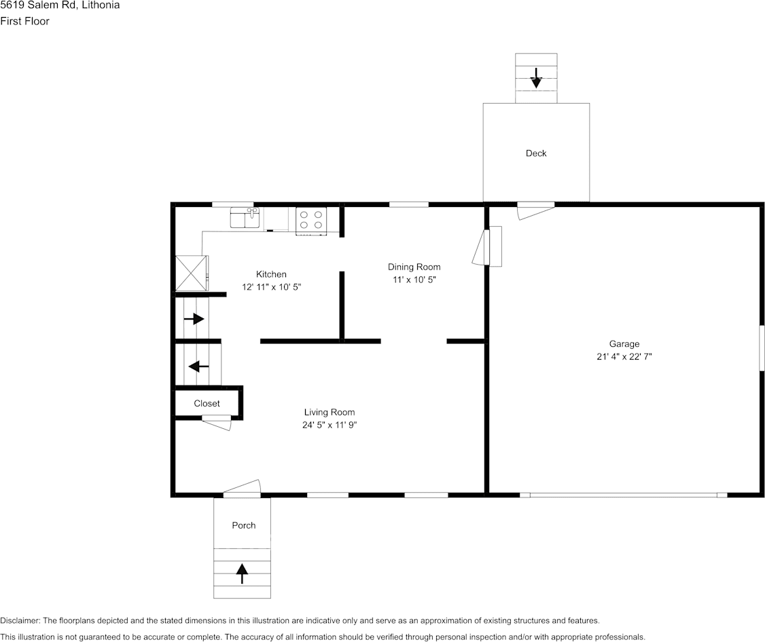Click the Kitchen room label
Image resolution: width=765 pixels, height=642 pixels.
[271, 274]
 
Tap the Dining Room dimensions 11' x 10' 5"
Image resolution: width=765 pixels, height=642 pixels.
[414, 280]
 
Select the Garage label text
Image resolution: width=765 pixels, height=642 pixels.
[624, 344]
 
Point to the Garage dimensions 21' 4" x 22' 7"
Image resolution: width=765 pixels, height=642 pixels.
[624, 356]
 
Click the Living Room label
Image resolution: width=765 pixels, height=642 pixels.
[329, 412]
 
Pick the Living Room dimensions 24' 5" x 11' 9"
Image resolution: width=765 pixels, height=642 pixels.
[329, 425]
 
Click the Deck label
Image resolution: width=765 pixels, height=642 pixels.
[536, 153]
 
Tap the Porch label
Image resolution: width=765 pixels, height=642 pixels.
[243, 525]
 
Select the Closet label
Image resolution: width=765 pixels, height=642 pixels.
[207, 403]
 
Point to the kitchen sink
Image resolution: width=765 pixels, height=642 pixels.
[245, 218]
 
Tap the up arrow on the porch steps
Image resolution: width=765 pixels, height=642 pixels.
[242, 574]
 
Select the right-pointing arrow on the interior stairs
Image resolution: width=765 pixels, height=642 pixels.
[194, 318]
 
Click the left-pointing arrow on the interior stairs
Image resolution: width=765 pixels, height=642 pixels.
[198, 366]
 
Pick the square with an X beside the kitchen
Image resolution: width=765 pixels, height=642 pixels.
[191, 273]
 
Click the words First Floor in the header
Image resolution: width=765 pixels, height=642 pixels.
[25, 21]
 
